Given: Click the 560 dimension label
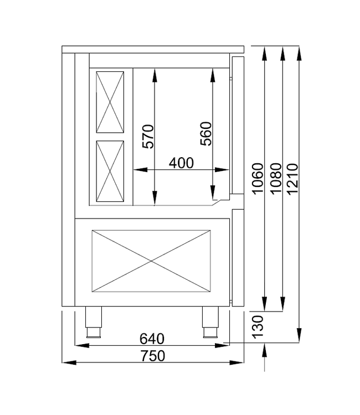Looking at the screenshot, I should (x=205, y=133).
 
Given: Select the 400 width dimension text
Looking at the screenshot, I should (x=181, y=163).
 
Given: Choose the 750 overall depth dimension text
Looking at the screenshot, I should (x=152, y=356).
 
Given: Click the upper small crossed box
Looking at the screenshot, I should (x=110, y=101).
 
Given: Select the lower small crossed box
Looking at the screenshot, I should (x=110, y=171).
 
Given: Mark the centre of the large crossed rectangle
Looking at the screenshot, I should (x=151, y=260).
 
